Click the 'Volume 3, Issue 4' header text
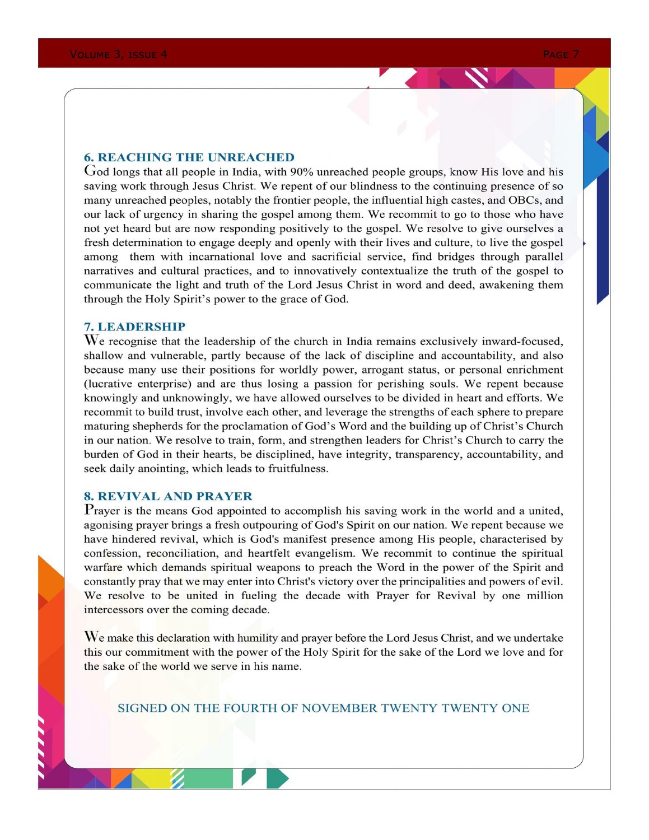(x=118, y=54)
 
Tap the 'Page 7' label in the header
(x=561, y=54)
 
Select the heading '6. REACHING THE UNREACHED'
(x=189, y=157)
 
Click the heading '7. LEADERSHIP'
(x=134, y=326)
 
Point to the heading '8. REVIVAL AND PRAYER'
(x=168, y=496)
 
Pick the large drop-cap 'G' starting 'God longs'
(x=90, y=170)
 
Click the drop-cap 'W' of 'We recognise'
(x=91, y=340)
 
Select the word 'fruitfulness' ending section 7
(x=297, y=469)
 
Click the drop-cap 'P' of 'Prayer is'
(x=88, y=510)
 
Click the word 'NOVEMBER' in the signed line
(x=339, y=708)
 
